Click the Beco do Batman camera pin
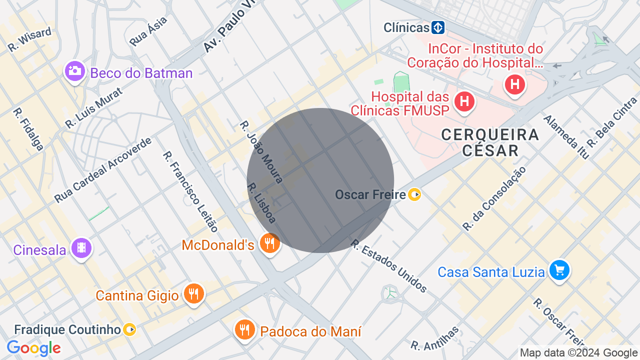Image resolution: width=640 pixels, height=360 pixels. coord(75,71)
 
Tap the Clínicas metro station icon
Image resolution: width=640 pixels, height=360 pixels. coord(438,27)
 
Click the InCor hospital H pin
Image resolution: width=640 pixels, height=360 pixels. coord(514,84)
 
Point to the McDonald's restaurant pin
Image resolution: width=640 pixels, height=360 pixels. coord(270,243)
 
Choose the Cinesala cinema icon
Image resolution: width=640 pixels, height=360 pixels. coord(81,248)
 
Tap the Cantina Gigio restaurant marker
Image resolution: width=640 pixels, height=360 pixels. coord(192,293)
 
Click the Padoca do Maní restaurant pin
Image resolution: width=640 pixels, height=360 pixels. coord(244,329)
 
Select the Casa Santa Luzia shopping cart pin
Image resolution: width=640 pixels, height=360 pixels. coord(559,270)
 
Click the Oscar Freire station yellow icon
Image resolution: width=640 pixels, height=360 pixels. coord(414,194)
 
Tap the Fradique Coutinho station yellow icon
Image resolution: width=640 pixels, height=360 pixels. coord(129,329)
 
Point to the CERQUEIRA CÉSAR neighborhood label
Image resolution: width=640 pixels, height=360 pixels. coord(490,142)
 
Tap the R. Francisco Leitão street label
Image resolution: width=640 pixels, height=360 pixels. coord(190,191)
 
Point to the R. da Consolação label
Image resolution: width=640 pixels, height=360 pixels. coord(494,198)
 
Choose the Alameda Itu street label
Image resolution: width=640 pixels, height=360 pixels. coord(566,136)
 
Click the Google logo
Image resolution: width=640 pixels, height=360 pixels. coord(33,348)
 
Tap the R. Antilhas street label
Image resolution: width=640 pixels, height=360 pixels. coord(434,338)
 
